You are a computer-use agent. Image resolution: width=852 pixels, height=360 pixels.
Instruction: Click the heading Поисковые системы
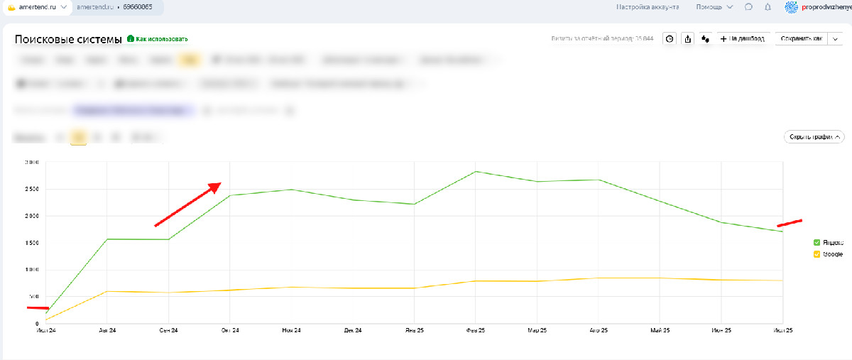tap(68, 39)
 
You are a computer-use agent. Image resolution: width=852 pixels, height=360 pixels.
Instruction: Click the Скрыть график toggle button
tap(814, 137)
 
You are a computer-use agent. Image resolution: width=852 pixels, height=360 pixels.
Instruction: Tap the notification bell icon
tap(768, 7)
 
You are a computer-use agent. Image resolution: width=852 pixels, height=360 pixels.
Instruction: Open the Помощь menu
tap(714, 7)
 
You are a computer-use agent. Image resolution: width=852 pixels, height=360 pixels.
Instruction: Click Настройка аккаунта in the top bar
tap(648, 7)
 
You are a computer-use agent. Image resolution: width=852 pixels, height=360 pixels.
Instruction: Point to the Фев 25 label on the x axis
tap(476, 331)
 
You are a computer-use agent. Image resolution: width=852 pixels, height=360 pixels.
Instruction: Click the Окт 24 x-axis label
tap(230, 331)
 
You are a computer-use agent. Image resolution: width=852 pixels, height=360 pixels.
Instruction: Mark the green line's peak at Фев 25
tap(476, 171)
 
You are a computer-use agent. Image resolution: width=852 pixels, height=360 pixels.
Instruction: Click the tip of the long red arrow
tap(220, 183)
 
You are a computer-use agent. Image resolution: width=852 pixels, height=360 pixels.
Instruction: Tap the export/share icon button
tap(687, 39)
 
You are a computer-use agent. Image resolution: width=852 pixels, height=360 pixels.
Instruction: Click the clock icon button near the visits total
tap(669, 39)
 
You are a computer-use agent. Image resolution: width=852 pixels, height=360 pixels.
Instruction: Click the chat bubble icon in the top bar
tap(748, 7)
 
